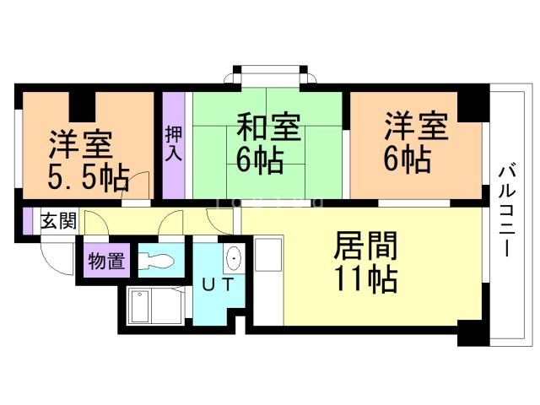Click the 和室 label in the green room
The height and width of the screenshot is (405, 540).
pyautogui.click(x=267, y=130)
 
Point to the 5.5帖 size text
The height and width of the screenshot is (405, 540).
pyautogui.click(x=87, y=177)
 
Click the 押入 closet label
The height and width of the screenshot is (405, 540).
pyautogui.click(x=173, y=143)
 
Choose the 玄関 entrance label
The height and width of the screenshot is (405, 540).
pyautogui.click(x=59, y=222)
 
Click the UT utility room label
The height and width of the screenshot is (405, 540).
pyautogui.click(x=217, y=285)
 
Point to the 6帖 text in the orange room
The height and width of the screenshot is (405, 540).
pyautogui.click(x=406, y=159)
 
